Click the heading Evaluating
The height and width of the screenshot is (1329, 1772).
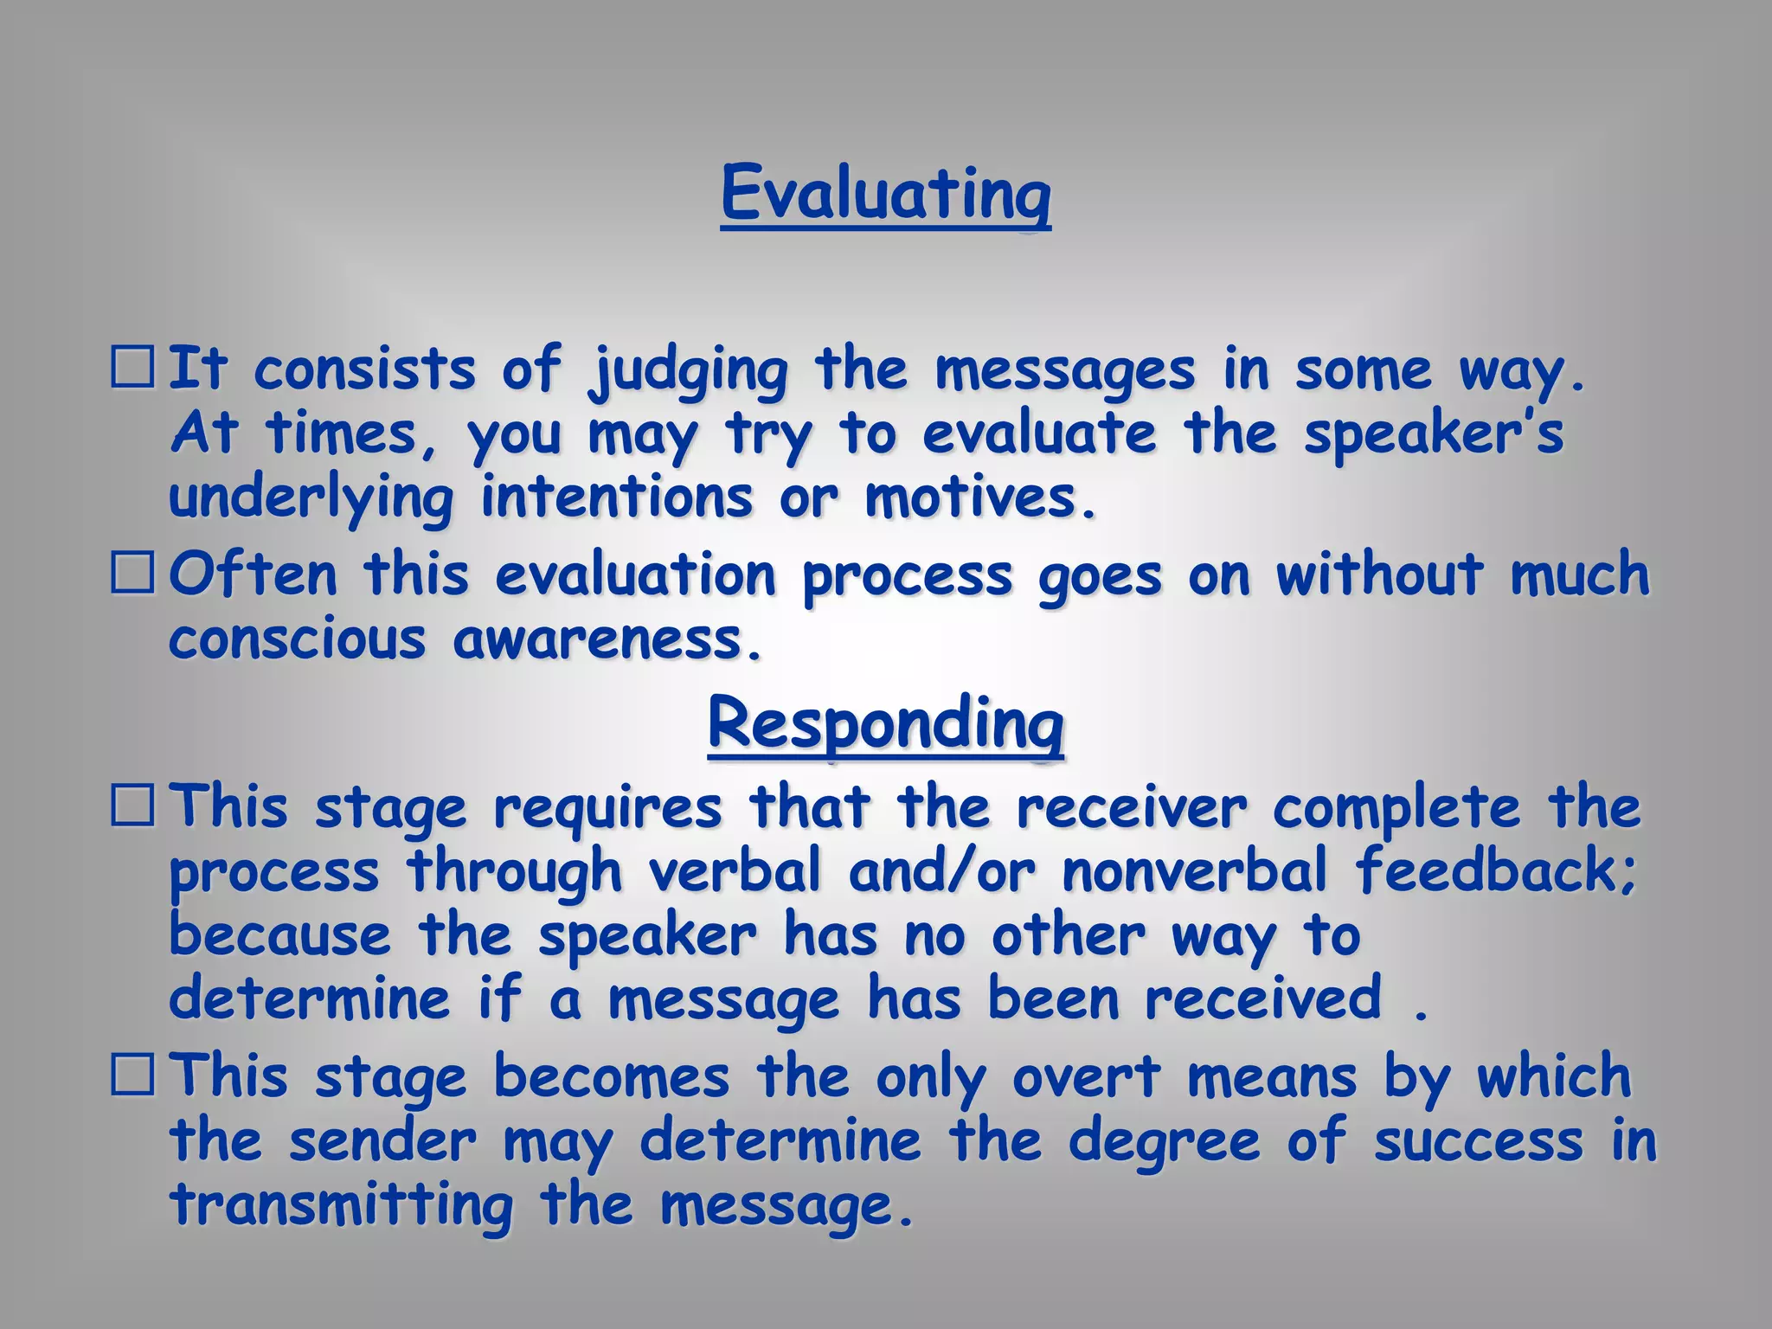click(x=885, y=194)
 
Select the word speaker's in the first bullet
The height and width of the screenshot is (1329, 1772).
click(x=1434, y=434)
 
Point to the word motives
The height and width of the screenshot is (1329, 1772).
click(x=980, y=498)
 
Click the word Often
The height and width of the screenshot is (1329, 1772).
click(x=253, y=575)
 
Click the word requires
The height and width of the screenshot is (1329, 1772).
click(x=607, y=808)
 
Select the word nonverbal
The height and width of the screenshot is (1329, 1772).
click(x=1194, y=870)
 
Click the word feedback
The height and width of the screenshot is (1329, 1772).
click(x=1497, y=870)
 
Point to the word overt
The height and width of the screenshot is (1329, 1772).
click(x=1086, y=1078)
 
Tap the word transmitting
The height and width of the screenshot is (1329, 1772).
click(x=342, y=1206)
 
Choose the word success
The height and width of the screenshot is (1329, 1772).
click(x=1478, y=1142)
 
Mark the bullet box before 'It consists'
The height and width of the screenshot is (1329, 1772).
click(x=132, y=369)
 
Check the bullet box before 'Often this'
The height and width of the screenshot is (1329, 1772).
click(x=132, y=575)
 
